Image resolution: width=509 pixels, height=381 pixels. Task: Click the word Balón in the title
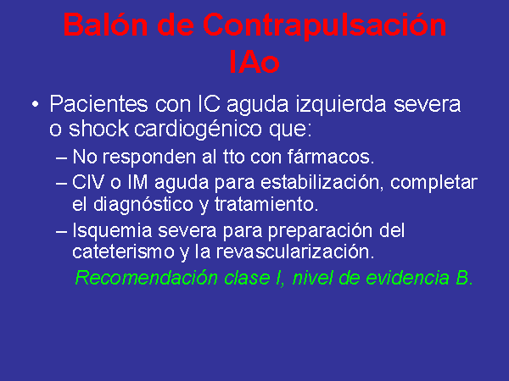[x=105, y=25]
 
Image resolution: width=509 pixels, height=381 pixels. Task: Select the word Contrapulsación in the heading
[x=325, y=27]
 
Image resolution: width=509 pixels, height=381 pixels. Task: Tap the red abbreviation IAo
[x=255, y=62]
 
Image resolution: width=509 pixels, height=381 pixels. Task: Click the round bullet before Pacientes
[x=36, y=104]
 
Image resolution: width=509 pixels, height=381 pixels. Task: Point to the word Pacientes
[x=98, y=104]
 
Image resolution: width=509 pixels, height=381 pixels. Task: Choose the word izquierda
[x=341, y=105]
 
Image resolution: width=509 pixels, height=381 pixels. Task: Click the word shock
[x=98, y=129]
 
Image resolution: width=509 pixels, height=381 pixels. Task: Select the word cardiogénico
[x=198, y=130]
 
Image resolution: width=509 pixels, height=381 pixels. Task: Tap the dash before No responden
[x=61, y=158]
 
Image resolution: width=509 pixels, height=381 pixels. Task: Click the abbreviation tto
[x=234, y=157]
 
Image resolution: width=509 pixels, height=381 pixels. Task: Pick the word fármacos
[x=331, y=157]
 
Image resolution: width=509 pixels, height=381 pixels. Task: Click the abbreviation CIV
[x=88, y=182]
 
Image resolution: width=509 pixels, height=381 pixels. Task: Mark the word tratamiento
[x=266, y=204]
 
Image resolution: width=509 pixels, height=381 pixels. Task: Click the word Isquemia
[x=112, y=231]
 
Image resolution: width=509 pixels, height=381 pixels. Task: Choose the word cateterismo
[x=123, y=251]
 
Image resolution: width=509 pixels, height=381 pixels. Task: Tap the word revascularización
[x=295, y=251]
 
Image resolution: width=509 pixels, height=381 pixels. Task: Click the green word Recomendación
[x=147, y=278]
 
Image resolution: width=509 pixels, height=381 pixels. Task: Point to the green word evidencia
[x=407, y=278]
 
